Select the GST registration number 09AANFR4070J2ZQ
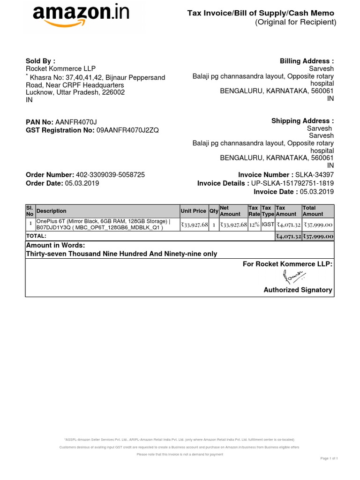pos(127,130)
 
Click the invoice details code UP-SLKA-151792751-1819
pos(292,183)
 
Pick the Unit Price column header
pos(193,211)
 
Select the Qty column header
pos(214,211)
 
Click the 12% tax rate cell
pos(254,225)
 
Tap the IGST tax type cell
pos(268,225)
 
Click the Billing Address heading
pos(307,61)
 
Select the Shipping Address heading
pos(302,121)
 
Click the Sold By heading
pos(40,61)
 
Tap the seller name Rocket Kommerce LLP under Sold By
pos(60,69)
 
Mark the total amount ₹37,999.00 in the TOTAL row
pos(318,236)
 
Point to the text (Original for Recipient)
pos(295,22)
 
